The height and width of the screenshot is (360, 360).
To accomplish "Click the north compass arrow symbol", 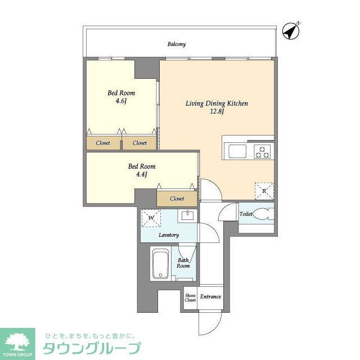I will (291, 31).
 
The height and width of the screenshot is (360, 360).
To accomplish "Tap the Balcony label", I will (176, 44).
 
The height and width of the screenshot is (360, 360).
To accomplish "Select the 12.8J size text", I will (217, 111).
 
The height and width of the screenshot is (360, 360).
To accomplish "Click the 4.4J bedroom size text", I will (141, 174).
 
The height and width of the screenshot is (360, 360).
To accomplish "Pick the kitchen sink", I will (235, 151).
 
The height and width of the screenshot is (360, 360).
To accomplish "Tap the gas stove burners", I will (263, 151).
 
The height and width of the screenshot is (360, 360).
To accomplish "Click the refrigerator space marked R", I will (264, 191).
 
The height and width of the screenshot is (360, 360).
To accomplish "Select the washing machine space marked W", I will (150, 218).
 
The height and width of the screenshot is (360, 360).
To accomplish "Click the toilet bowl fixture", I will (262, 214).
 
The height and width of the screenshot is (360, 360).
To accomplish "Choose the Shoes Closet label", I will (190, 298).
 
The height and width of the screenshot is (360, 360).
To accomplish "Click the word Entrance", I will (210, 297).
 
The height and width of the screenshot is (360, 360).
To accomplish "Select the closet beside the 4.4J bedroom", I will (177, 199).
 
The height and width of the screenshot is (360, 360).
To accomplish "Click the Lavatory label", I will (169, 235).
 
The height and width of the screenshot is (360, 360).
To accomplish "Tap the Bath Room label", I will (183, 263).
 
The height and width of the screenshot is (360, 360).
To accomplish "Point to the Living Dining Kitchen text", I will (217, 103).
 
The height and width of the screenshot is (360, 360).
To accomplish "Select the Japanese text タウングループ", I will (92, 349).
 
